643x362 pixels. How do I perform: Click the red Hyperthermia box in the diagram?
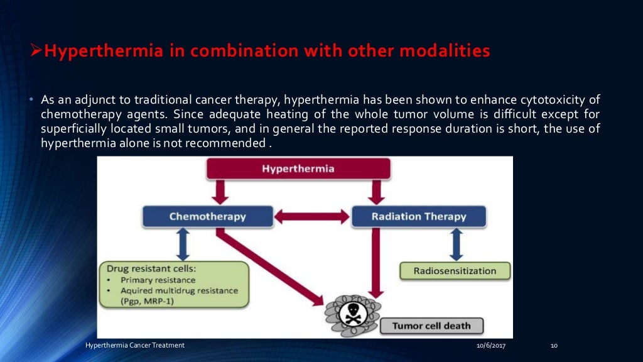coord(298,168)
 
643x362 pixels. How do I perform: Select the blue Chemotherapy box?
coord(207,216)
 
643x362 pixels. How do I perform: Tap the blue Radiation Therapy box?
coord(418,216)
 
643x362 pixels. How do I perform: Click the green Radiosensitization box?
coord(455,271)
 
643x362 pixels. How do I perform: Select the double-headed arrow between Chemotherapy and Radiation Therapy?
coord(312,217)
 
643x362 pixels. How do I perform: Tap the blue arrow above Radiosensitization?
coord(457,244)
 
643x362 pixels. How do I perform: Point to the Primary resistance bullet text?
coord(158,280)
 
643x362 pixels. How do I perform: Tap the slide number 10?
coord(554,346)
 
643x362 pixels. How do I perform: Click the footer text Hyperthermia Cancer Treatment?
coord(135,346)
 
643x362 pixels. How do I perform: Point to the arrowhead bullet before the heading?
coord(36,51)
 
